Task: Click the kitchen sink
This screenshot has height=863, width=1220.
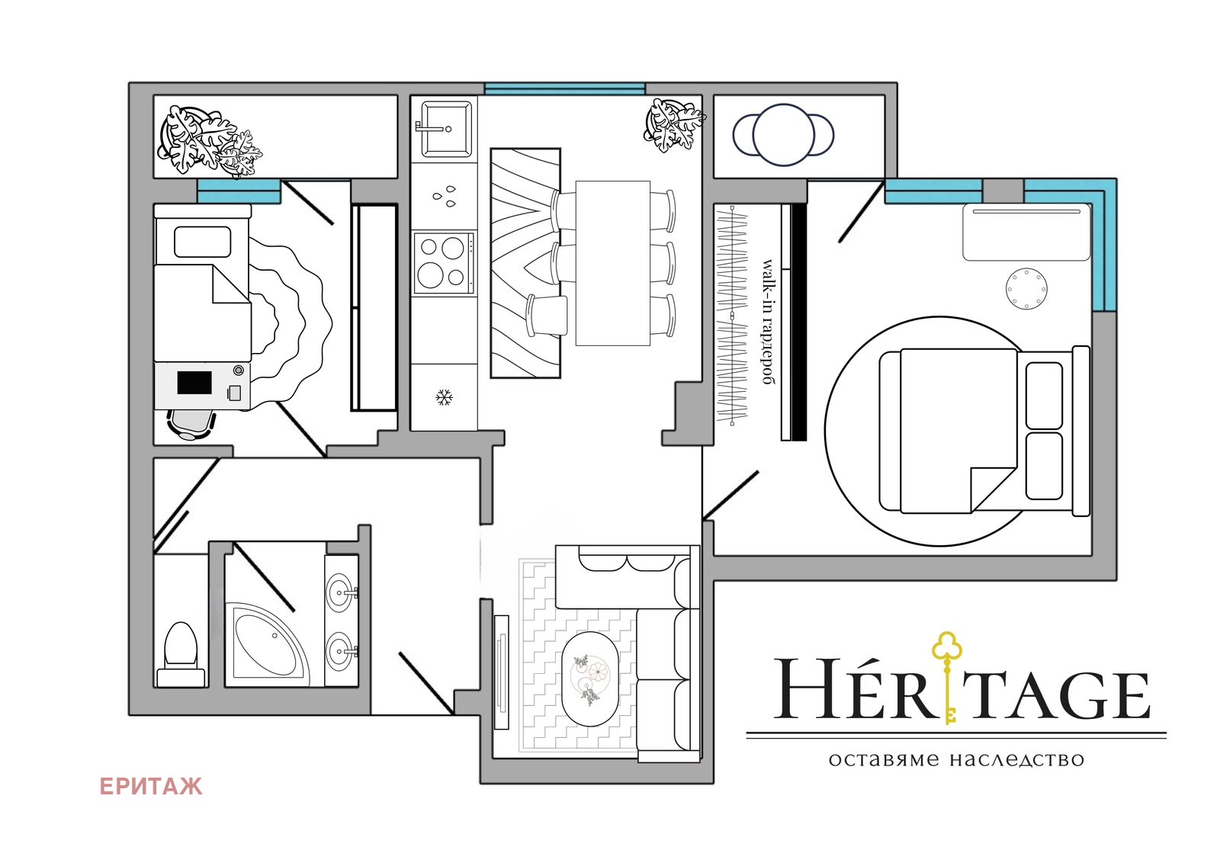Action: [x=444, y=129]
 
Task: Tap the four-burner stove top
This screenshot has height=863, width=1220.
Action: [x=443, y=263]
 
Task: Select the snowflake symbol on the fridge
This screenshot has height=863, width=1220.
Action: [x=445, y=397]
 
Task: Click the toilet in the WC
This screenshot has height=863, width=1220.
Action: [x=181, y=654]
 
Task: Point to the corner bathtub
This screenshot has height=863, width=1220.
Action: [x=266, y=644]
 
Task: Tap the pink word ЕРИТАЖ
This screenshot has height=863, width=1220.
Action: [x=151, y=786]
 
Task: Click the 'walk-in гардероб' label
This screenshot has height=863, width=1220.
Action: [x=769, y=322]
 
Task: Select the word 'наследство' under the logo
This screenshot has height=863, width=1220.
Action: [x=1017, y=759]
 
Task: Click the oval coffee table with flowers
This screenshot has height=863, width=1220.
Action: [x=590, y=679]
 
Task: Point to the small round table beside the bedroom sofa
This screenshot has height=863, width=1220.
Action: [x=1026, y=289]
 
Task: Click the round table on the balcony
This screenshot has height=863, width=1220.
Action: [x=783, y=134]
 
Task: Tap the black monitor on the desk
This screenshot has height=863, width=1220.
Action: [x=194, y=383]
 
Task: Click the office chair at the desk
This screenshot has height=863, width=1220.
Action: [x=191, y=425]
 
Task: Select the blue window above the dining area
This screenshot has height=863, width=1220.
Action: [x=565, y=88]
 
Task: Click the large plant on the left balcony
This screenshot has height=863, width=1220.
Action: [x=207, y=140]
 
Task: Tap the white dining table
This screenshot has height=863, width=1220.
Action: [x=613, y=263]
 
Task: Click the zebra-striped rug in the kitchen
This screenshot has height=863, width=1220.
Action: [x=525, y=263]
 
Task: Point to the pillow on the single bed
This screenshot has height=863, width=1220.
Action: [x=203, y=242]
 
